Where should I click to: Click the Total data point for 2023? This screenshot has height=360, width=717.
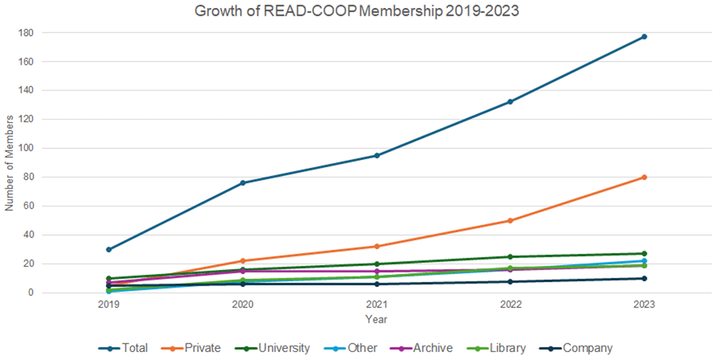click(644, 37)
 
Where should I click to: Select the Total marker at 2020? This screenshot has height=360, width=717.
click(243, 183)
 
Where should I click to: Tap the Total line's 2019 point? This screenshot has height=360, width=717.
click(109, 250)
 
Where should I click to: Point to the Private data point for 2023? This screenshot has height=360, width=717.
click(644, 177)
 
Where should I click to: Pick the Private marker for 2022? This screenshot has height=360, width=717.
click(510, 220)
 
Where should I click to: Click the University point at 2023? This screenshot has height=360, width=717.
click(644, 253)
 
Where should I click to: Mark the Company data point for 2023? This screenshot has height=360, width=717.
click(644, 278)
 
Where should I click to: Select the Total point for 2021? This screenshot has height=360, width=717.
click(377, 156)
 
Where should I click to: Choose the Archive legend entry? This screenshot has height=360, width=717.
click(421, 348)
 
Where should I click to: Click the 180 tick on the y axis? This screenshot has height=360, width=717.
click(26, 33)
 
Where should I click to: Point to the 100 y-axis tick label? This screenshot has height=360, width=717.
click(26, 148)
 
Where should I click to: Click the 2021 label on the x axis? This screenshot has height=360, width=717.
click(377, 304)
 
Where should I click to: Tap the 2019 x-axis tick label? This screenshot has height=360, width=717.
click(109, 304)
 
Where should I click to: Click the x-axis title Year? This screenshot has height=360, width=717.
click(376, 319)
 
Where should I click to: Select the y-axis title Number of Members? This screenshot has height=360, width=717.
click(9, 164)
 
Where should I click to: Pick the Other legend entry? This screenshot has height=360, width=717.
click(351, 348)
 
